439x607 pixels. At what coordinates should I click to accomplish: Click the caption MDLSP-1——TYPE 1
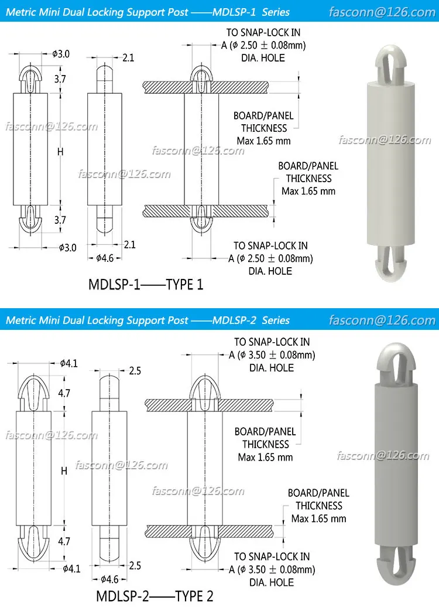click(x=146, y=285)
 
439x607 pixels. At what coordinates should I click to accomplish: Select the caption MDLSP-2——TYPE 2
click(x=150, y=596)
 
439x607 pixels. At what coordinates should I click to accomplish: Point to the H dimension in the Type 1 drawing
click(x=60, y=152)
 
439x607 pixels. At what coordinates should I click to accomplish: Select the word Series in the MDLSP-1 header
click(x=276, y=11)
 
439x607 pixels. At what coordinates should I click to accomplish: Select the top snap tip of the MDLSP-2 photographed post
click(x=393, y=364)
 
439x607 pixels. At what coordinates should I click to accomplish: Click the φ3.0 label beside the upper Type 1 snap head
click(x=61, y=54)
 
